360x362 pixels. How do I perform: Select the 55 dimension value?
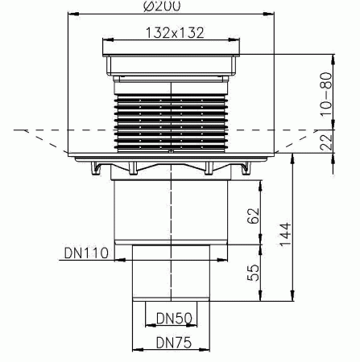pos(253,273)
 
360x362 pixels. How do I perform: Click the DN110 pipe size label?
pos(84,253)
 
